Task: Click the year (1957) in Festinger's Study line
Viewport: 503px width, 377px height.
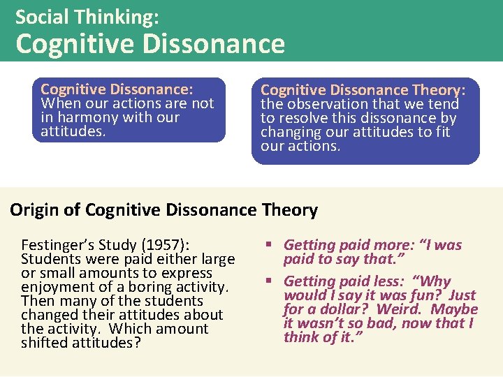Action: coord(166,245)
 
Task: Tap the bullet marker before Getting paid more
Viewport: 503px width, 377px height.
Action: coord(268,245)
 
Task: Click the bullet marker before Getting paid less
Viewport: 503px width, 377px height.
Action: coord(268,281)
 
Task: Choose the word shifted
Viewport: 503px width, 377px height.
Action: coord(45,343)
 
